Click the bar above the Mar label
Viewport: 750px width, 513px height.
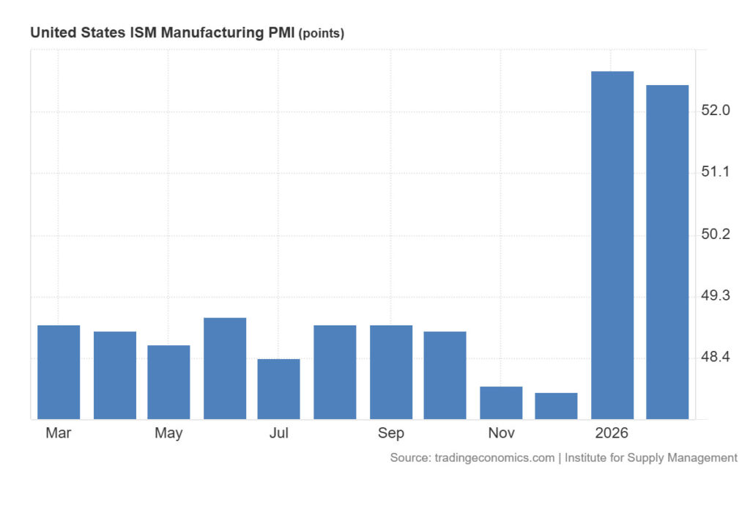click(x=59, y=372)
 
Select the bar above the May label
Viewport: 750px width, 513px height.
click(x=168, y=382)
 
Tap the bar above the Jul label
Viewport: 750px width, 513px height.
click(x=278, y=388)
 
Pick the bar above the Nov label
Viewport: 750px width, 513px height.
click(x=501, y=402)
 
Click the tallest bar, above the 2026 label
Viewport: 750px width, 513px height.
click(x=612, y=245)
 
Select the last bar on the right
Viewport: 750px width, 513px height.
click(x=667, y=252)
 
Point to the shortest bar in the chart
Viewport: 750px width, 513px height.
click(x=556, y=406)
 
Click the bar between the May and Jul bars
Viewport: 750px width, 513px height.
click(x=225, y=368)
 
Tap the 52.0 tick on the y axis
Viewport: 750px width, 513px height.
click(x=715, y=111)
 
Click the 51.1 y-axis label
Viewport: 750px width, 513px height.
click(x=715, y=172)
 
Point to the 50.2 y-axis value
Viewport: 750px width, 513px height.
click(x=715, y=235)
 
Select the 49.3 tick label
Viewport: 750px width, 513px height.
click(x=715, y=296)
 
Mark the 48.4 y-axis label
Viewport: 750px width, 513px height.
click(x=715, y=358)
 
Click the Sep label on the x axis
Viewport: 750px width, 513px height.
click(x=391, y=433)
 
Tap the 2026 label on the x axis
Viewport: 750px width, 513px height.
click(x=612, y=433)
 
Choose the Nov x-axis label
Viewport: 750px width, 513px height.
click(x=501, y=433)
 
